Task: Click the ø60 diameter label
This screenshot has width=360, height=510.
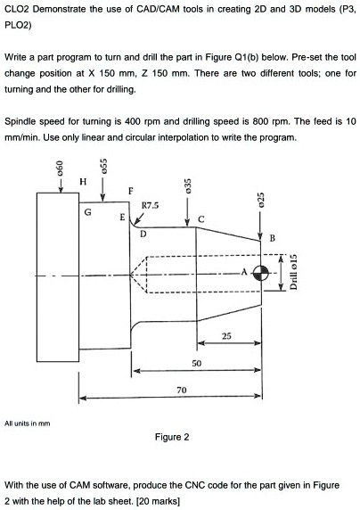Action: pos(59,169)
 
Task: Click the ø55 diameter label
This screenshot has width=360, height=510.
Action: pos(103,166)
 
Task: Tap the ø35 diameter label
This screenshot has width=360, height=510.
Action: pos(187,185)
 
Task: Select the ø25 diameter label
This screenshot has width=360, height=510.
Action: pos(260,199)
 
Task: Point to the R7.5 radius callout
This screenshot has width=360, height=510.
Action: pos(150,205)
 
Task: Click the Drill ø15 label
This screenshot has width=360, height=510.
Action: pos(293,272)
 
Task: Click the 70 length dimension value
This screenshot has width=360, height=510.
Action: pos(182,390)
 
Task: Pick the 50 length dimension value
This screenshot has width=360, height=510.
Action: pos(196,363)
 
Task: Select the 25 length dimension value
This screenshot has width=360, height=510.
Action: pos(226,335)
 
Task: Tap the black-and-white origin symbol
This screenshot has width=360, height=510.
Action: pos(260,273)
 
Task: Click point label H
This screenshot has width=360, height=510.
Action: pos(83,181)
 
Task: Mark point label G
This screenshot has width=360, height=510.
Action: pos(88,212)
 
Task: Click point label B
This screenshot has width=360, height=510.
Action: pos(273,238)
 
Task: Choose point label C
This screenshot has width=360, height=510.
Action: pos(201,219)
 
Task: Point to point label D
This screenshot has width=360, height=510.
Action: pos(143,234)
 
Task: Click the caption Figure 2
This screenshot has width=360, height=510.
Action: pos(172,437)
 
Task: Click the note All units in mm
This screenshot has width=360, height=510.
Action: pos(28,424)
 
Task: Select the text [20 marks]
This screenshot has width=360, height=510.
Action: pos(158,501)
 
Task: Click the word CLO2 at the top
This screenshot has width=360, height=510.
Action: pos(17,9)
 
